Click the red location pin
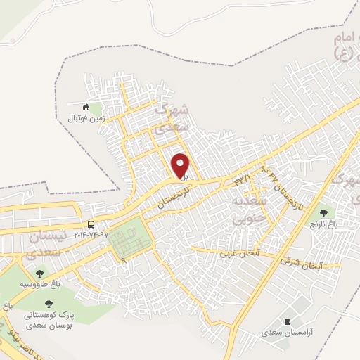pos(181,165)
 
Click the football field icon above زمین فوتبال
pos(86,107)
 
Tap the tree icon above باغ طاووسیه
pos(38,274)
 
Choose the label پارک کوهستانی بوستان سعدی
pos(49,321)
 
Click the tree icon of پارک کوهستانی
pos(49,304)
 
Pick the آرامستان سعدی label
pos(285,331)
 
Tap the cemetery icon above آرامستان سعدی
pos(286,321)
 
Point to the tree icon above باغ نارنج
pos(324,211)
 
